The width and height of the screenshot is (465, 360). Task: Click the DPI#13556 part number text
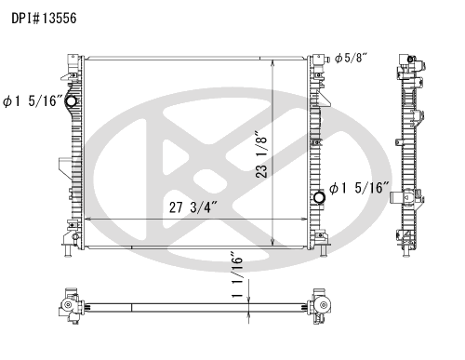(44, 19)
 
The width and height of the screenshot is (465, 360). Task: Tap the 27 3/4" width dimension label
(193, 207)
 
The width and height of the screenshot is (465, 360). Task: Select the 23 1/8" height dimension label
(261, 154)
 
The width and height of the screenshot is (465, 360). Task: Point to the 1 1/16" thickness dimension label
(237, 277)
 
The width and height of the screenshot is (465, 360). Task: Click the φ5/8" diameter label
(351, 58)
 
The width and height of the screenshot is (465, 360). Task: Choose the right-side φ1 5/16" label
(359, 188)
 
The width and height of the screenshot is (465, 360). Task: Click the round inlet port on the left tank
(72, 100)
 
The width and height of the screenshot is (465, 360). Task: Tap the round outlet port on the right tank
(319, 197)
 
